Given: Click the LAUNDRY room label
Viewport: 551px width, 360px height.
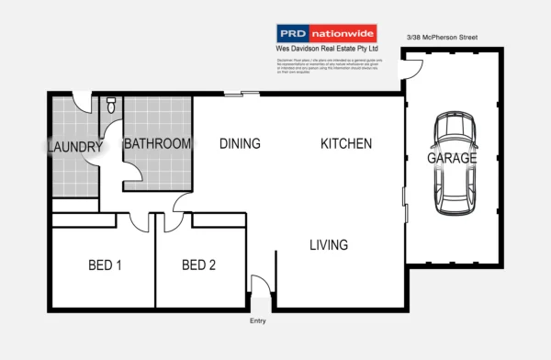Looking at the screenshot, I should [74, 147].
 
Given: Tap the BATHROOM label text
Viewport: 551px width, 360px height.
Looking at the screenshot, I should [157, 144].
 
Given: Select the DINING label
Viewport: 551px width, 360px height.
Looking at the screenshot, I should [240, 144].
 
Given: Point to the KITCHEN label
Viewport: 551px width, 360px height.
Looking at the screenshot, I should [346, 144].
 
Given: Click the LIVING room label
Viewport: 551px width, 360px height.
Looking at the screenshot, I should [328, 245].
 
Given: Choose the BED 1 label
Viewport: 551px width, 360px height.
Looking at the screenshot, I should [105, 266].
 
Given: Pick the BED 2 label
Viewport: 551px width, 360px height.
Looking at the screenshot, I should [198, 266].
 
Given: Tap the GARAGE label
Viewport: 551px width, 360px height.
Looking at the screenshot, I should [452, 158].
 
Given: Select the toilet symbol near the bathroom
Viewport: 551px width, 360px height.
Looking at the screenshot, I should [110, 107].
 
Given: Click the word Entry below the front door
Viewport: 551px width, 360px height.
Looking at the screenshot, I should [258, 321].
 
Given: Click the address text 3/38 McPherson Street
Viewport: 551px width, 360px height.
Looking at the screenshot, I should [442, 38].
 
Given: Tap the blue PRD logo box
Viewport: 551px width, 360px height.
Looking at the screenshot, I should [293, 32].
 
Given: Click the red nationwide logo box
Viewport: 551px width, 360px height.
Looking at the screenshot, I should [343, 32].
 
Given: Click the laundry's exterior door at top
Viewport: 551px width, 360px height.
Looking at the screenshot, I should [84, 102].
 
